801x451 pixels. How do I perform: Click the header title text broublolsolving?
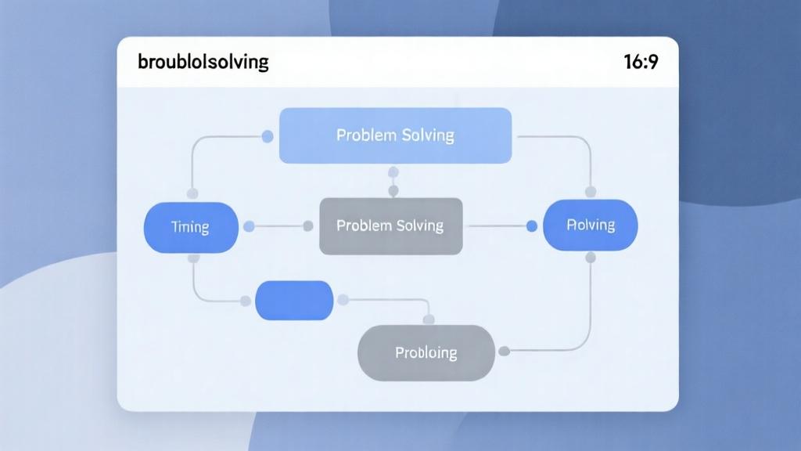tap(203, 62)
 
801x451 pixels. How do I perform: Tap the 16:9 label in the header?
tap(641, 62)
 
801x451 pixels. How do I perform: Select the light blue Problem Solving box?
tap(395, 135)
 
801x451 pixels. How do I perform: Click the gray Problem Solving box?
tap(390, 225)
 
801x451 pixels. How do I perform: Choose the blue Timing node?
tap(191, 227)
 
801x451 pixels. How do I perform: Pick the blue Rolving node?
tap(590, 225)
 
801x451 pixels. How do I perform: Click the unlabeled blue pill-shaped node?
tap(294, 300)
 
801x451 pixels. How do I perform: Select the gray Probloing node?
tap(426, 352)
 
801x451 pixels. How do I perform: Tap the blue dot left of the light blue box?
tap(268, 137)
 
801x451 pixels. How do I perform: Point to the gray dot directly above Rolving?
tap(591, 191)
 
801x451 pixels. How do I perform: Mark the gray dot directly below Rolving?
tap(591, 257)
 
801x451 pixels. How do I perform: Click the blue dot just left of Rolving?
tap(532, 226)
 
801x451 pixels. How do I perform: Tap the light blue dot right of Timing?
tap(250, 227)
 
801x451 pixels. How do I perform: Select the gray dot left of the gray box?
tap(308, 226)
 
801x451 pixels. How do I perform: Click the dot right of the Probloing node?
tap(505, 351)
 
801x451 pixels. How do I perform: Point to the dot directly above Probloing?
tap(428, 319)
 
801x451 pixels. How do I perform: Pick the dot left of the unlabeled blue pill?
tap(245, 300)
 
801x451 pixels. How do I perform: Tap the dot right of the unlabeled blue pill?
tap(342, 299)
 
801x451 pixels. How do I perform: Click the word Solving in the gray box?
tap(418, 225)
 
